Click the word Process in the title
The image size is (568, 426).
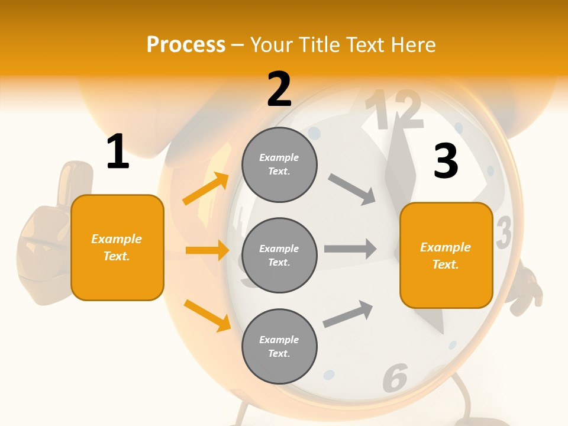186,45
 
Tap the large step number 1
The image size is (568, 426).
118,152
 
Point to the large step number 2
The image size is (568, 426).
279,89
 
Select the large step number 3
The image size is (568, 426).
446,161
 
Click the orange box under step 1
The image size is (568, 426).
117,247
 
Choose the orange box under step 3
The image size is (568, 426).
446,255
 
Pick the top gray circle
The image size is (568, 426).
279,164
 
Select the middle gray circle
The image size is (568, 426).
279,255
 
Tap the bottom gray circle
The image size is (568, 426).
279,346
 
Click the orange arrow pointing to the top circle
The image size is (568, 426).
206,189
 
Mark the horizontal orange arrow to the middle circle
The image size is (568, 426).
207,250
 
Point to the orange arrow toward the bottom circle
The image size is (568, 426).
207,315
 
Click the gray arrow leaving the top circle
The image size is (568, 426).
351,189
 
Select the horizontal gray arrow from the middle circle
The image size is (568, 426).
350,248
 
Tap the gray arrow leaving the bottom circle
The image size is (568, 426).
348,314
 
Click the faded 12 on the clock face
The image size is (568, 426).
393,111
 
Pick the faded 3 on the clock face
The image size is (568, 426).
504,232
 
